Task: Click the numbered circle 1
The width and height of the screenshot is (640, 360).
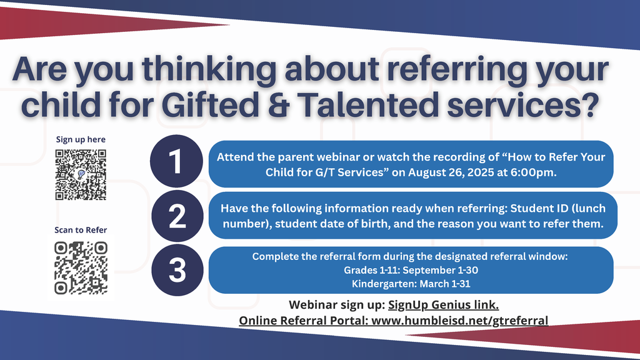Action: (177, 162)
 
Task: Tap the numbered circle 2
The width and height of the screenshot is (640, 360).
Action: (177, 216)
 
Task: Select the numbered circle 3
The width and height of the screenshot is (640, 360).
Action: (177, 270)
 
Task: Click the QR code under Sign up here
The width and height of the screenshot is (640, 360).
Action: (81, 175)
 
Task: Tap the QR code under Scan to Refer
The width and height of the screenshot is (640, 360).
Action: (81, 267)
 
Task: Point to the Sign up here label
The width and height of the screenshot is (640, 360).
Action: (81, 139)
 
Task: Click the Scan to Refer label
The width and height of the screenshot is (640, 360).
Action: (81, 230)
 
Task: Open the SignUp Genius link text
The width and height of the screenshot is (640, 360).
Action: (443, 305)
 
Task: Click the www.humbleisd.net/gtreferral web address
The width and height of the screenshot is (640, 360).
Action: (460, 321)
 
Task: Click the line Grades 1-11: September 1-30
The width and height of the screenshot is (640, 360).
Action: (411, 270)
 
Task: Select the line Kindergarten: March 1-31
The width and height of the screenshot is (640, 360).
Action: (411, 283)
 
